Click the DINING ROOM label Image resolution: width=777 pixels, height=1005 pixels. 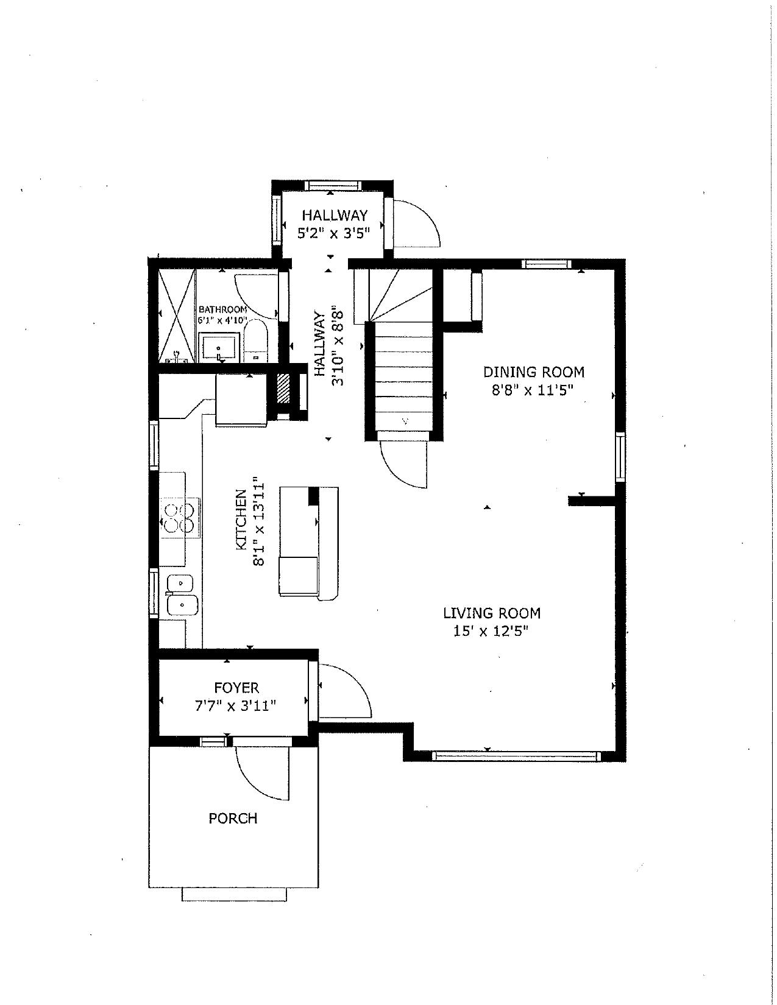click(x=534, y=372)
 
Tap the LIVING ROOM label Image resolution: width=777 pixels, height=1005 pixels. click(x=492, y=613)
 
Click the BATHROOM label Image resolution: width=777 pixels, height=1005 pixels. click(x=222, y=309)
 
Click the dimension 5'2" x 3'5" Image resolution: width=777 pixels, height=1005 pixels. click(x=334, y=233)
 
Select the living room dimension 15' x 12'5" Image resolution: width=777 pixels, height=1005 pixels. click(x=491, y=631)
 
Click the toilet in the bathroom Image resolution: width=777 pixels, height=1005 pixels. click(x=255, y=342)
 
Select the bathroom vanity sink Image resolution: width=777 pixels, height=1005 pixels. click(x=219, y=348)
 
